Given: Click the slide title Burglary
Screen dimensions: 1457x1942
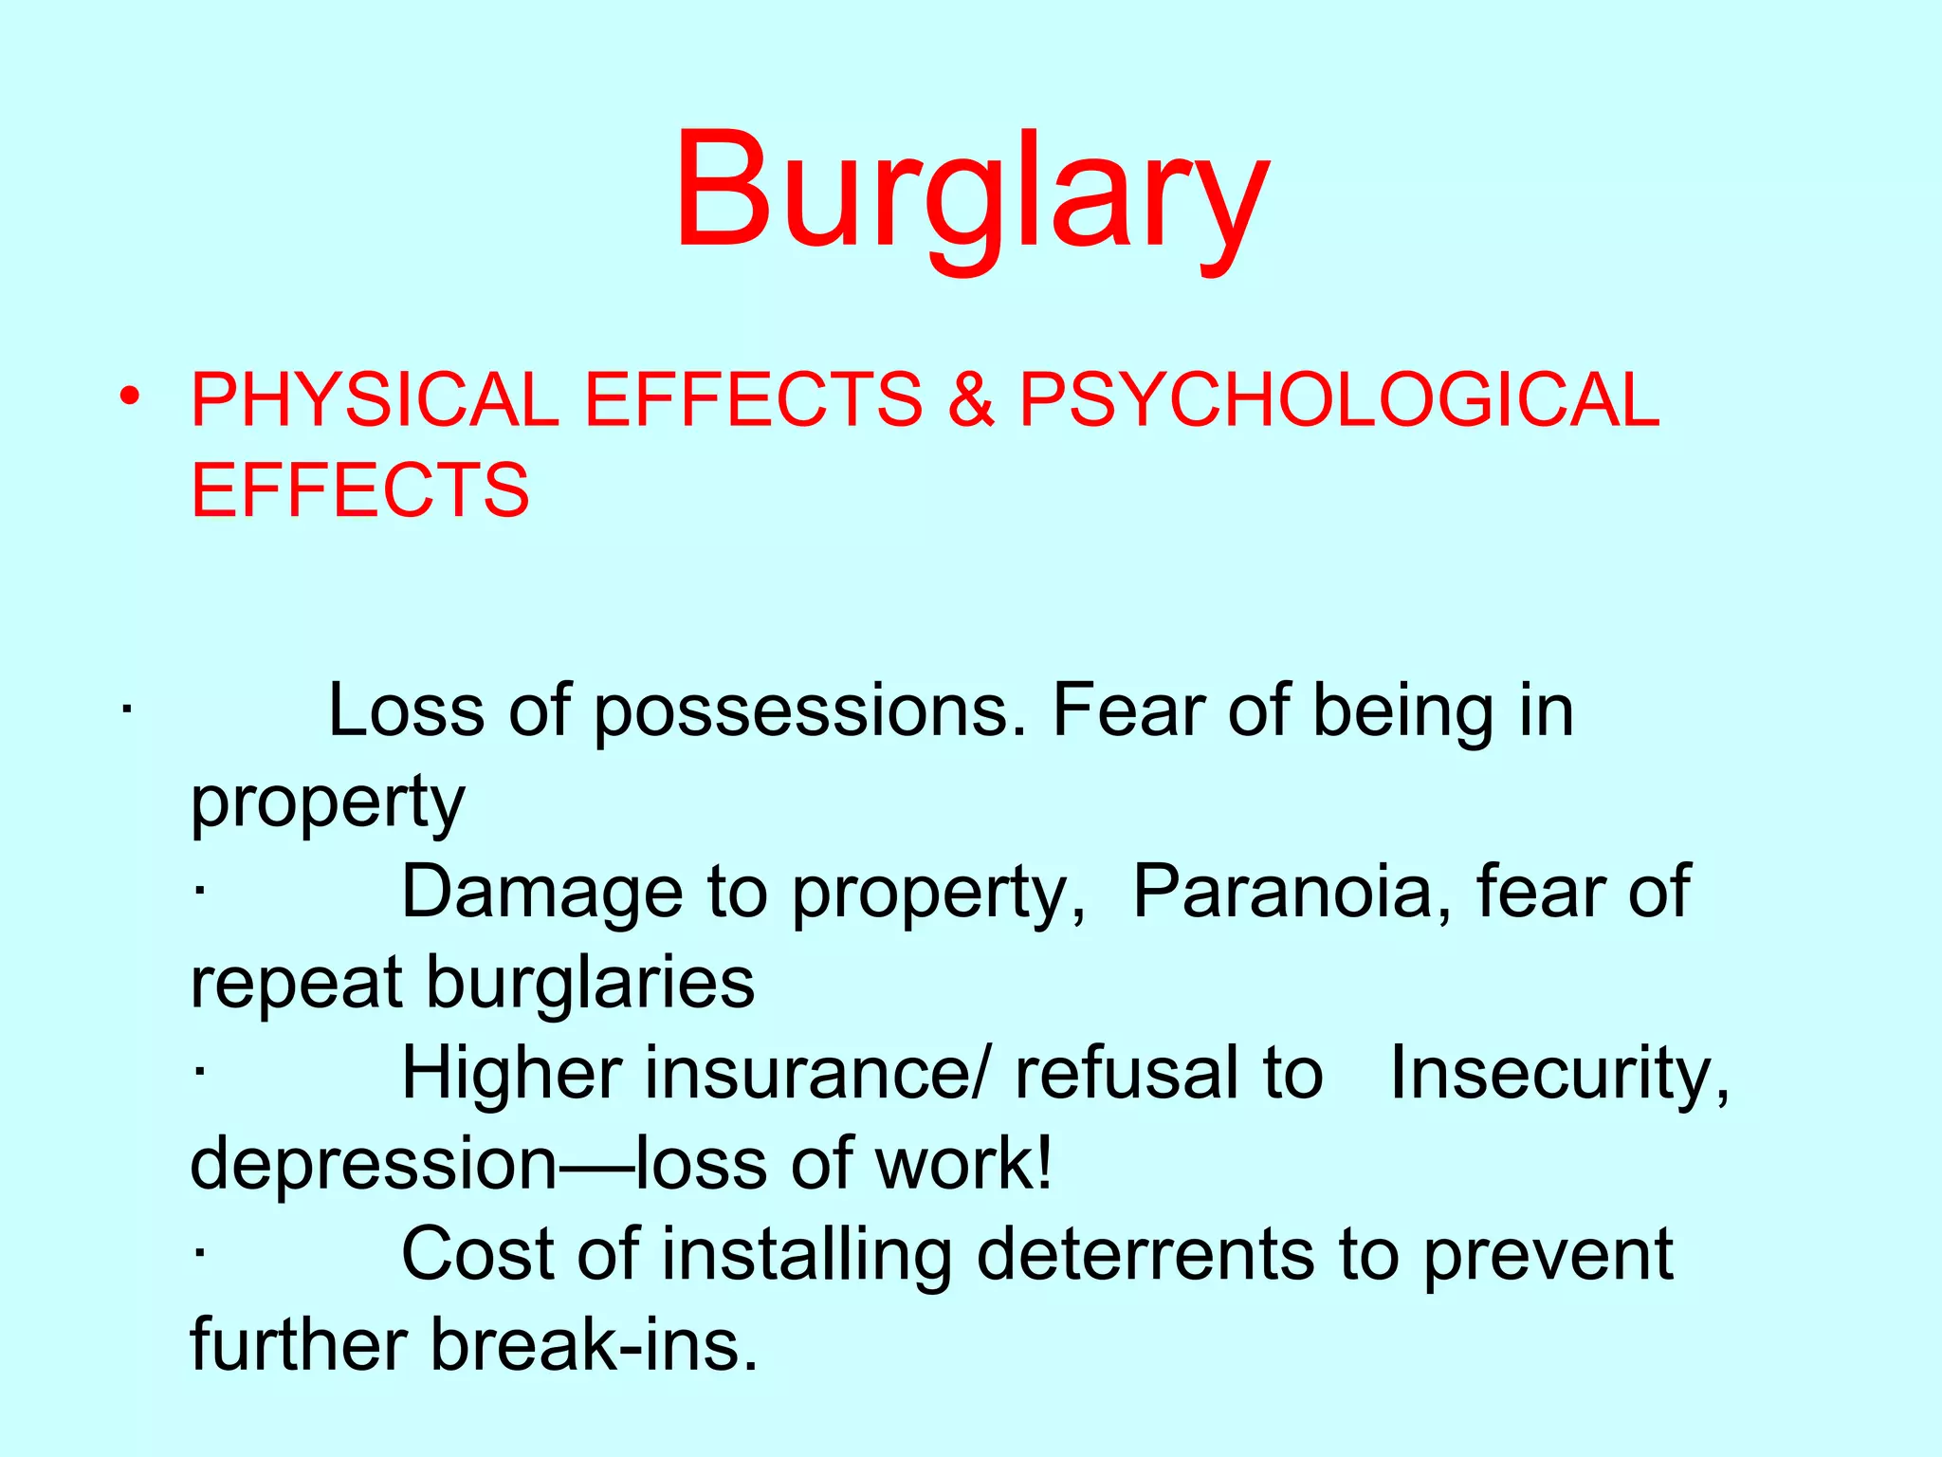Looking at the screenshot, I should coord(971,194).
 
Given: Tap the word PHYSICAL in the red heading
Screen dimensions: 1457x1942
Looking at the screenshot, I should coord(375,399).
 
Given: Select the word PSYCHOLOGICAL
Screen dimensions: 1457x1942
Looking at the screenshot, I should coord(1339,399).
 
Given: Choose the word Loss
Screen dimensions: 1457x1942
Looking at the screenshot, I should coord(406,710).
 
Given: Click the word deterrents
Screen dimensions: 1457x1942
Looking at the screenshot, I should coord(1145,1254).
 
